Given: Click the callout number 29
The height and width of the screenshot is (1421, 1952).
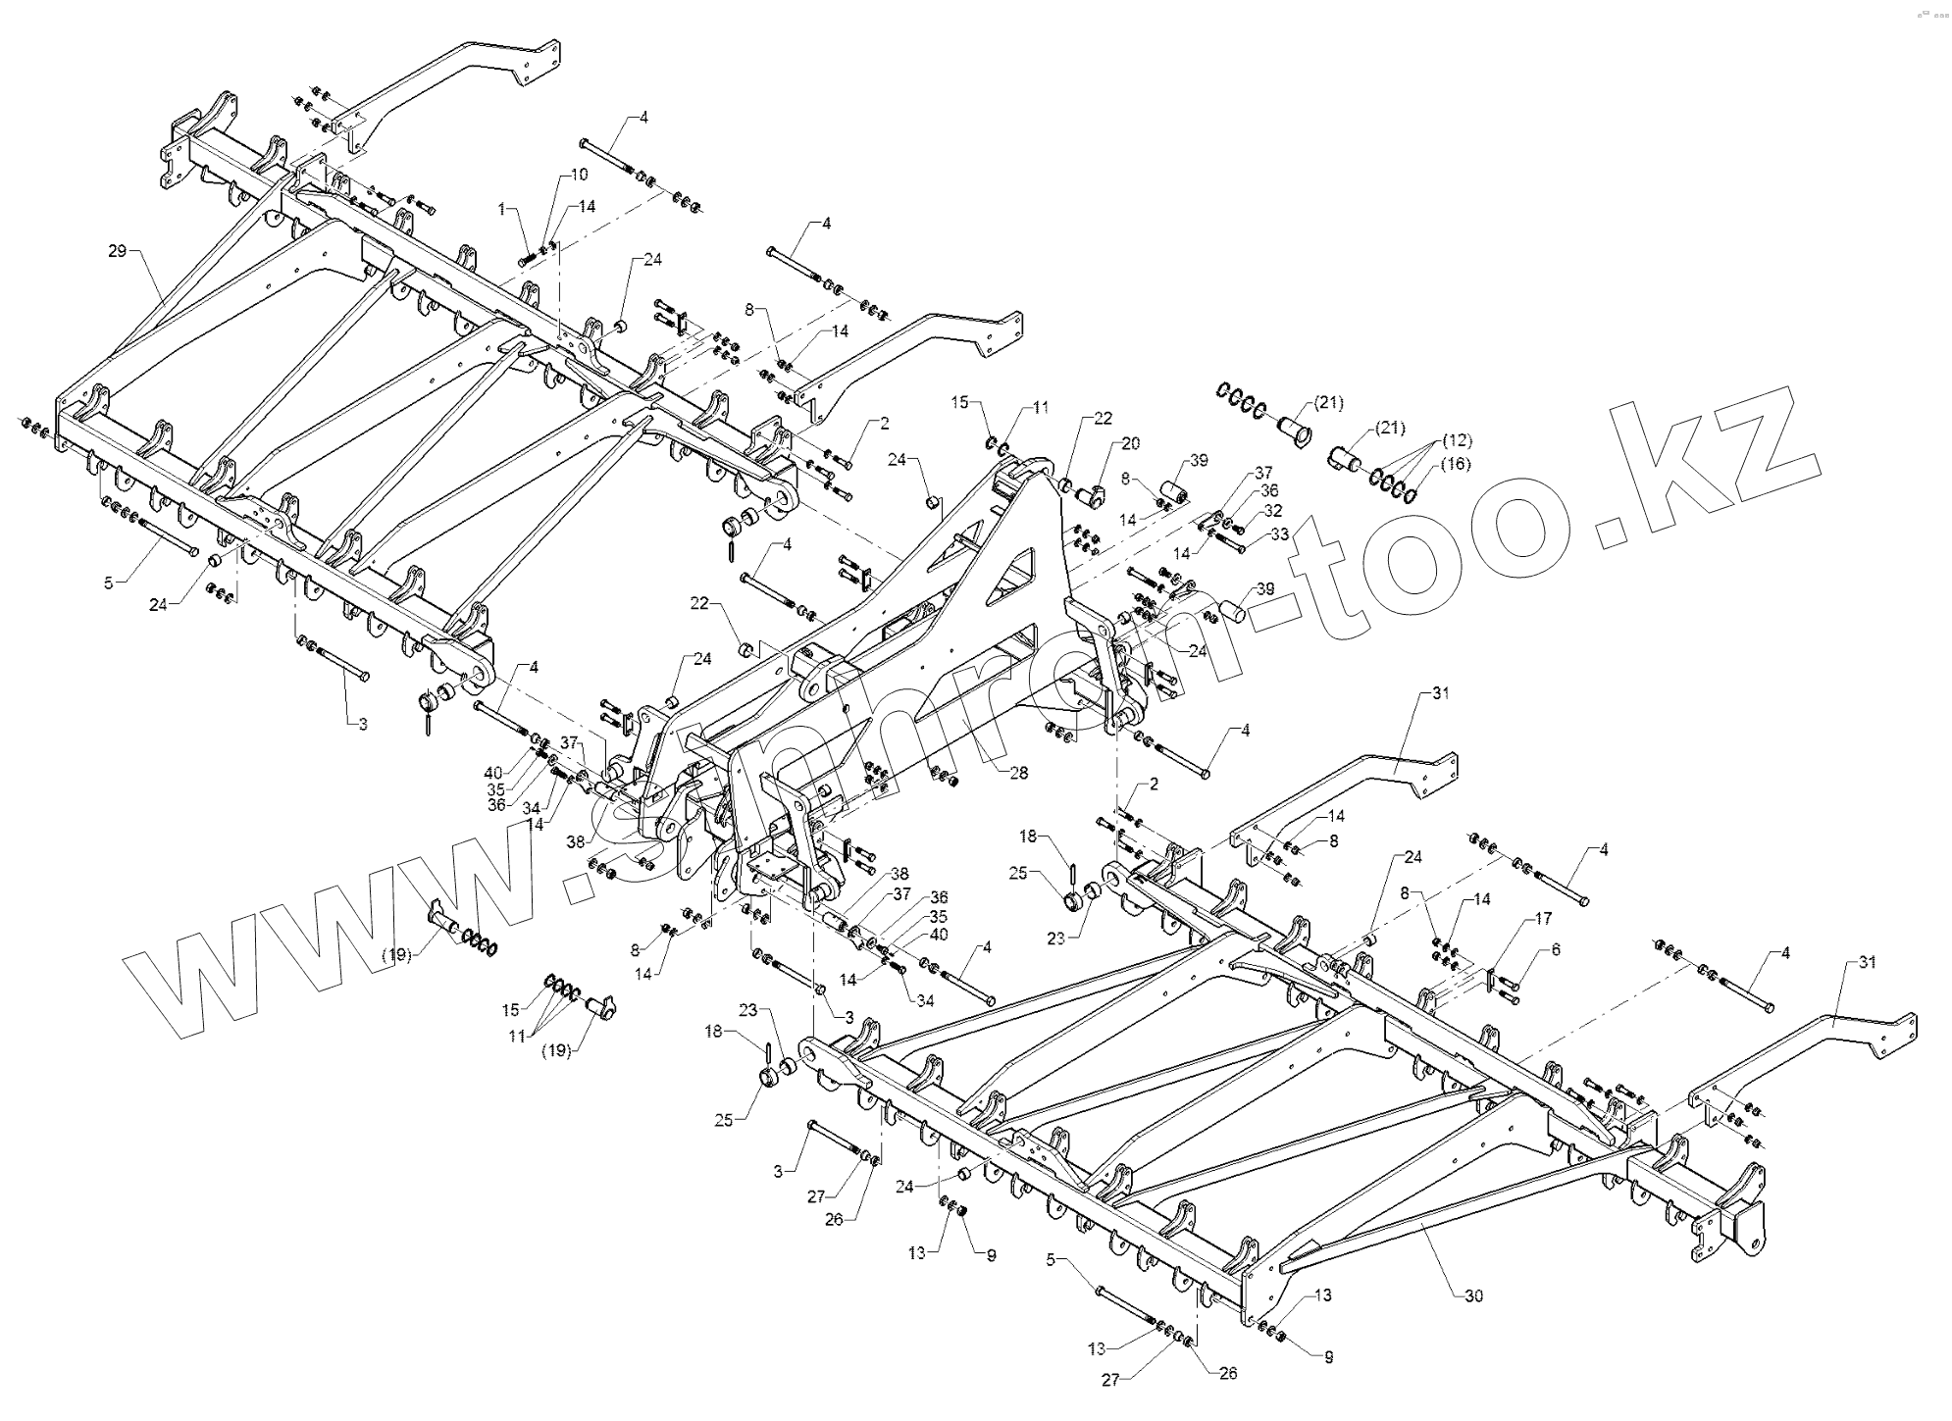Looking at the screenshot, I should (x=117, y=252).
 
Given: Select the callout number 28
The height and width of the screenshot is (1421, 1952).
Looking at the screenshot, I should (x=1018, y=773).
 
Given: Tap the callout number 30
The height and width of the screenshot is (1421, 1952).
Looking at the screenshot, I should (x=1473, y=1296).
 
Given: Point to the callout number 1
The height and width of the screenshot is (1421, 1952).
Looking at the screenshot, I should (x=502, y=210).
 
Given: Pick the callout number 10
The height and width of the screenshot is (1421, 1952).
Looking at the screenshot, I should (x=579, y=175).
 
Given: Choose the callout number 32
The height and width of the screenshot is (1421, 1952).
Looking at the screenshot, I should (x=1272, y=511).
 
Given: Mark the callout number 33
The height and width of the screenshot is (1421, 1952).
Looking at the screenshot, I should (x=1279, y=534).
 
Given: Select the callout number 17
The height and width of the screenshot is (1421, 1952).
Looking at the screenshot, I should (x=1543, y=919).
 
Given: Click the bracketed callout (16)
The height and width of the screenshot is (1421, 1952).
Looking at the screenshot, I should (x=1457, y=464).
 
